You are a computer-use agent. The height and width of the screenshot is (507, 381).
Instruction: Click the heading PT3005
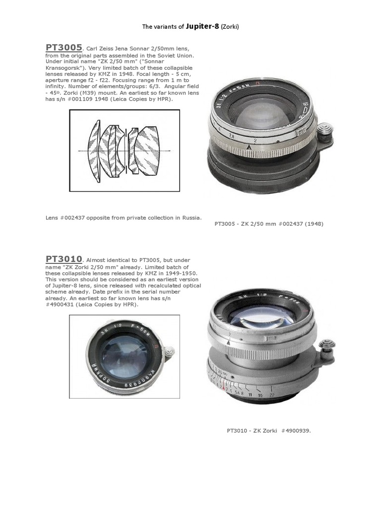pyautogui.click(x=64, y=48)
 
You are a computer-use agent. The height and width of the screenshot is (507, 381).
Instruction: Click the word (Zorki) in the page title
pyautogui.click(x=230, y=26)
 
